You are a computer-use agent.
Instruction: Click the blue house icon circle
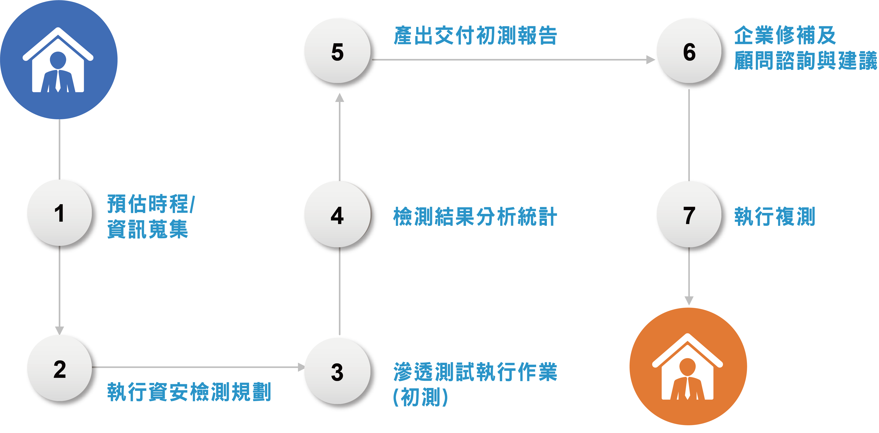[59, 60]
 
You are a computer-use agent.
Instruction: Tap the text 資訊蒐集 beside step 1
[147, 229]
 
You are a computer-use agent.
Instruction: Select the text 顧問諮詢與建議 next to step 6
[805, 61]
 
